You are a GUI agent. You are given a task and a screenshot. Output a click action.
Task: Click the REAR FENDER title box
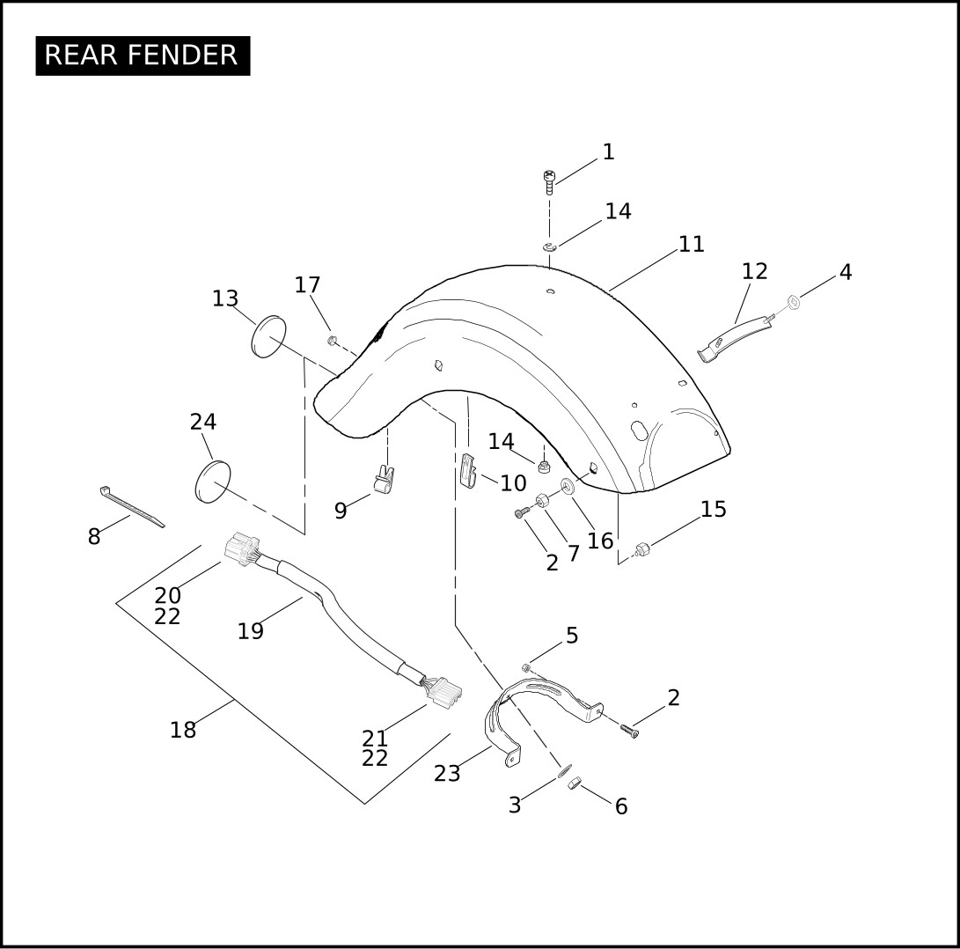(x=143, y=55)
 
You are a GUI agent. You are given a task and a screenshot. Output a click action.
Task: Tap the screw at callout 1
(x=549, y=182)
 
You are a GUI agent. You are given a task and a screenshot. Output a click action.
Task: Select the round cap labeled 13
(x=268, y=336)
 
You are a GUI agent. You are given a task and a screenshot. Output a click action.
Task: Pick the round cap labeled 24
(x=212, y=482)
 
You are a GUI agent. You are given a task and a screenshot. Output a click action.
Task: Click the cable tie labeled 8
(x=132, y=507)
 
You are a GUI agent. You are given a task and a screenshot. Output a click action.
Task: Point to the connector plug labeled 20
(x=242, y=548)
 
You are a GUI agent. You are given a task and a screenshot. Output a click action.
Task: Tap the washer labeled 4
(x=794, y=301)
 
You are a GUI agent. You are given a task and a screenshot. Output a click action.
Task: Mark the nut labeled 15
(x=641, y=549)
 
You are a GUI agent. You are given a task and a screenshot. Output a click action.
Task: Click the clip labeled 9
(x=384, y=480)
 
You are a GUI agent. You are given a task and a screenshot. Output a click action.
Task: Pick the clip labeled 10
(x=467, y=470)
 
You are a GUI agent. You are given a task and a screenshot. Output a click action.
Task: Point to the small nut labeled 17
(x=333, y=340)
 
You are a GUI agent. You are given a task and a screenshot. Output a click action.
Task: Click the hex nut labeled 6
(x=574, y=783)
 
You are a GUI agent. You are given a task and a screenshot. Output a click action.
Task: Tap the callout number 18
(x=183, y=730)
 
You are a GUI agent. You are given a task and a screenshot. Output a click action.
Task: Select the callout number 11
(x=692, y=245)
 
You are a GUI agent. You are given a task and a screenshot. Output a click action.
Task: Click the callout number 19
(x=251, y=631)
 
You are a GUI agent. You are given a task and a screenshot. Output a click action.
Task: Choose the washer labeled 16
(x=568, y=487)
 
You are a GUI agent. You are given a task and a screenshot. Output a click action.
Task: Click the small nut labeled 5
(x=526, y=667)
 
